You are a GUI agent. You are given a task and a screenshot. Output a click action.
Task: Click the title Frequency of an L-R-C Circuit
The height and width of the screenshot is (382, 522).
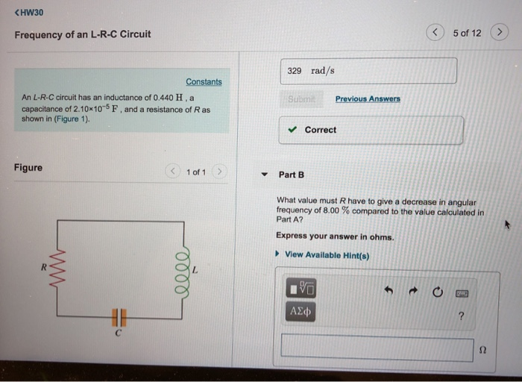pyautogui.click(x=83, y=34)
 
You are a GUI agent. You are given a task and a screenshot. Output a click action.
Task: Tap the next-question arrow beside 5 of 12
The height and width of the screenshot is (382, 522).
pyautogui.click(x=500, y=33)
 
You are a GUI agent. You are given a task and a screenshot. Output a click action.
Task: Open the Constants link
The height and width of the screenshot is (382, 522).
pyautogui.click(x=204, y=81)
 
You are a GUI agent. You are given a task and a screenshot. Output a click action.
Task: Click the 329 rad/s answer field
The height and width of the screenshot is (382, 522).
pyautogui.click(x=368, y=71)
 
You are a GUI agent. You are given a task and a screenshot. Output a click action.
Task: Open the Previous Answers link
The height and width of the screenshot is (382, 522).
pyautogui.click(x=368, y=98)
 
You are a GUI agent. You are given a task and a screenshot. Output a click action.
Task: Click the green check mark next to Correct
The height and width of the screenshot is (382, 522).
pyautogui.click(x=293, y=130)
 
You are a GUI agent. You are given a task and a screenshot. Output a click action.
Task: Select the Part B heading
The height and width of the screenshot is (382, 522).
pyautogui.click(x=292, y=175)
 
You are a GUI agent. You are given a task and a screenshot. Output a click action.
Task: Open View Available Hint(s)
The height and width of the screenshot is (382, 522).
pyautogui.click(x=326, y=255)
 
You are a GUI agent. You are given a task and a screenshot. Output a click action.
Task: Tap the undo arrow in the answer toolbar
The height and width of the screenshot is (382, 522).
pyautogui.click(x=389, y=289)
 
